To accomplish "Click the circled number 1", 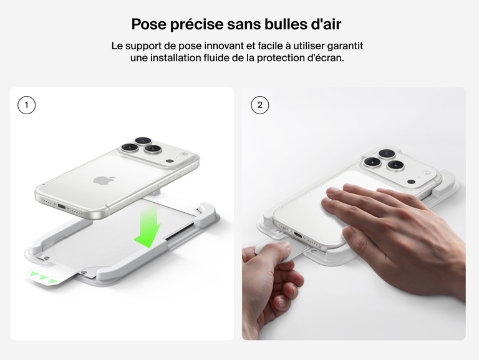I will click(26, 105).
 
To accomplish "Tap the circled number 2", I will click(259, 105).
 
